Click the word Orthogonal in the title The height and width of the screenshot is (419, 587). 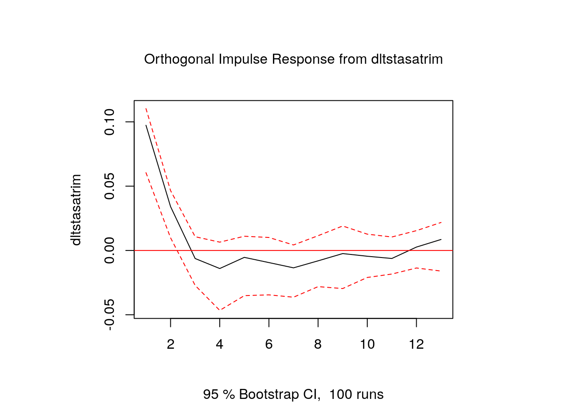[x=179, y=59]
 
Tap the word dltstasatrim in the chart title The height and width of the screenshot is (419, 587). [x=407, y=59]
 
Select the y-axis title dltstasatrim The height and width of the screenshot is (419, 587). [x=76, y=210]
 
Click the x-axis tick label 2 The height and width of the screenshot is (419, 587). [x=170, y=345]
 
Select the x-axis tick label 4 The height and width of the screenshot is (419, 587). [x=220, y=345]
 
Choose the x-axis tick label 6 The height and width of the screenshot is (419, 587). [x=269, y=345]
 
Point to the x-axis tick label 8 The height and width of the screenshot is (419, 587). [x=318, y=345]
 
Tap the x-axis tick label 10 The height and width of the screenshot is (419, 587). [x=367, y=345]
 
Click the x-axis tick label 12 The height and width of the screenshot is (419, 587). [x=416, y=345]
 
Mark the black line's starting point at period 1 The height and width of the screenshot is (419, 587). [x=146, y=125]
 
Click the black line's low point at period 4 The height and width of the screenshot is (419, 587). [x=220, y=268]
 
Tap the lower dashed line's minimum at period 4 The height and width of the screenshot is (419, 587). [x=220, y=310]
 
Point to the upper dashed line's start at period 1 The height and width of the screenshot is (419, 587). [x=146, y=108]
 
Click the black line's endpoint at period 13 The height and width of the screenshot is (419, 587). [x=441, y=239]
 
